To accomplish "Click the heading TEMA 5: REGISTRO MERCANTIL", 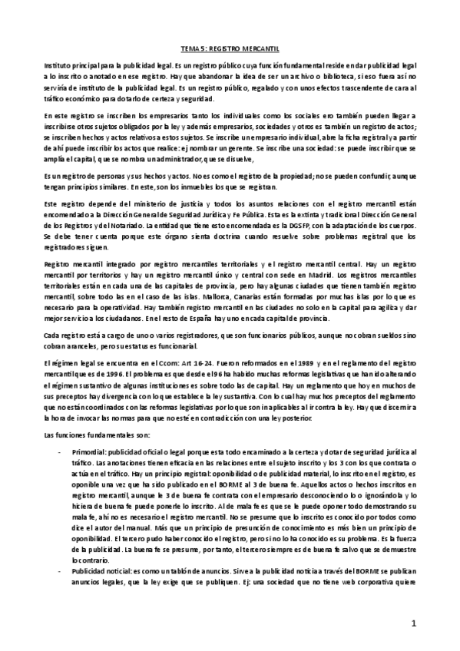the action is pos(230,48).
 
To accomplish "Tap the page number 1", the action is pos(412,623).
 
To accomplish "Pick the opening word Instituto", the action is pos(59,68).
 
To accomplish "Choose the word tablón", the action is pos(186,572).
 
